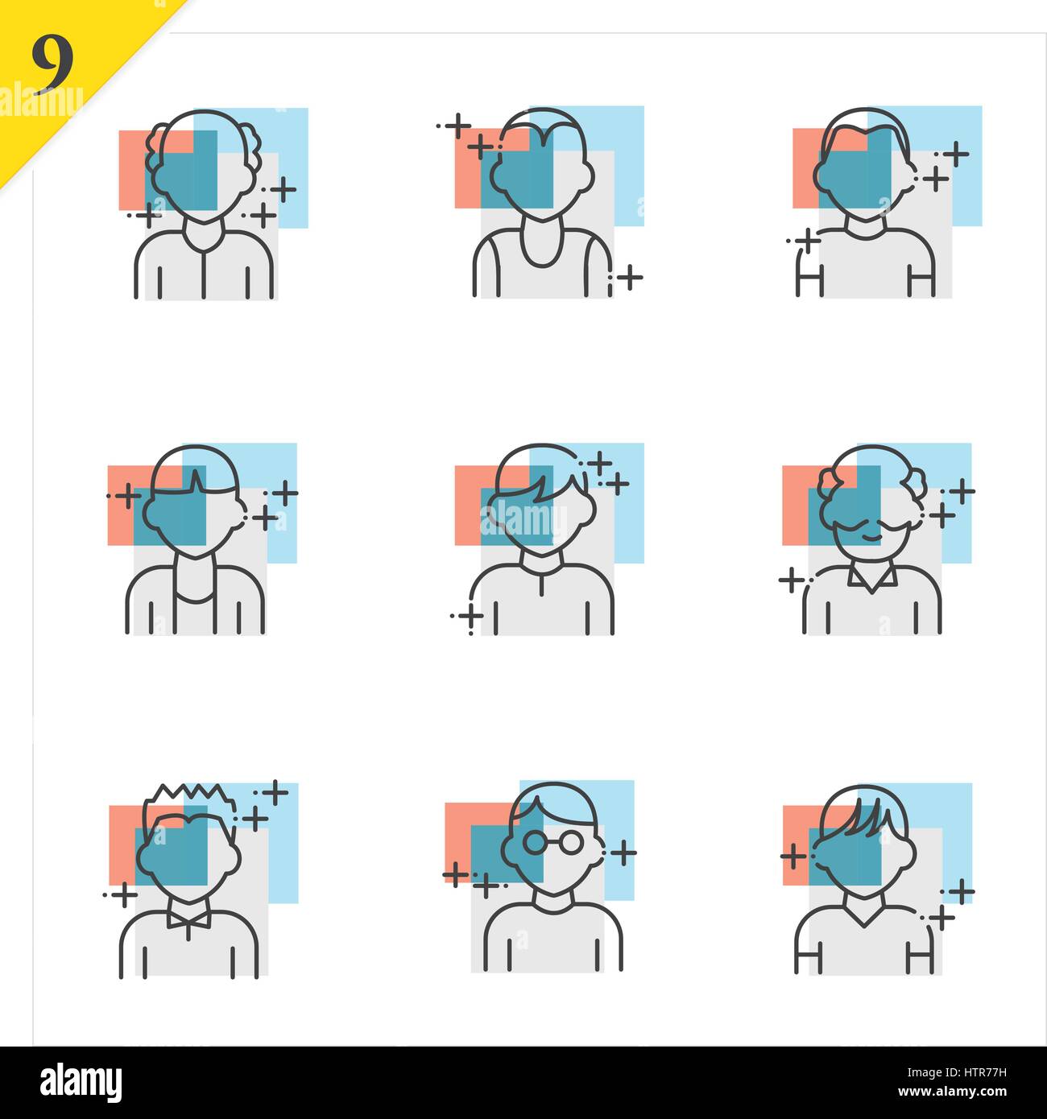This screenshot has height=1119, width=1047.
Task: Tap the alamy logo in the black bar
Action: [x=81, y=1081]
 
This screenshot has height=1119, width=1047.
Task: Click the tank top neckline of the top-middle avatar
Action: [x=540, y=250]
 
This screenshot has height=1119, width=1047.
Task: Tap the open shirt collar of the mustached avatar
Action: [x=872, y=579]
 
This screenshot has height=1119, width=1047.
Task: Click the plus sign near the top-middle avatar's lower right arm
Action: [x=630, y=279]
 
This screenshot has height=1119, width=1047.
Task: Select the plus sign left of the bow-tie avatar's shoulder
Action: [x=124, y=894]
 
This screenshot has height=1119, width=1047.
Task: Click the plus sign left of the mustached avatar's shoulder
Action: [x=791, y=579]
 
